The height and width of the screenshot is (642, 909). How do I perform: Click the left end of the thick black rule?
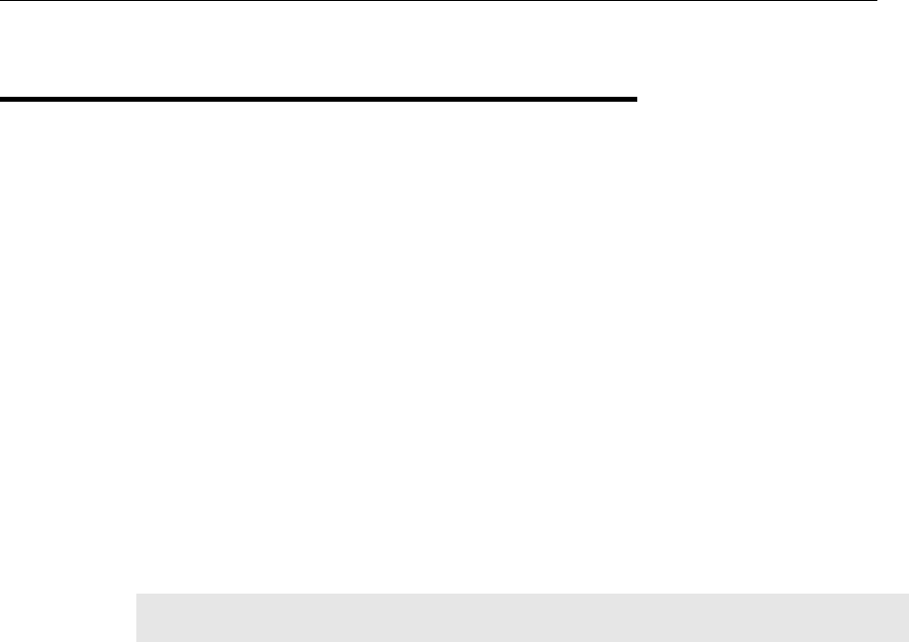(2, 100)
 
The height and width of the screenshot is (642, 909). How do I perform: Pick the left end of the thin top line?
(1, 2)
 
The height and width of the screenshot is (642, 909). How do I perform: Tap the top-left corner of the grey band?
(136, 595)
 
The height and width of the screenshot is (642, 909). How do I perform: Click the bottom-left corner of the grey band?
(136, 640)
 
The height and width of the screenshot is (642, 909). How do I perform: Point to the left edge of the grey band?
(136, 617)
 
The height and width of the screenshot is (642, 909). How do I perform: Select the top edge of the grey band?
(522, 595)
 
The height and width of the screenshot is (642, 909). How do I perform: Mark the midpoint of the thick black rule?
(319, 100)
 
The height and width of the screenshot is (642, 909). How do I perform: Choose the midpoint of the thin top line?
(439, 2)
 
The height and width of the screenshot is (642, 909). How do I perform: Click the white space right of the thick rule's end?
(771, 100)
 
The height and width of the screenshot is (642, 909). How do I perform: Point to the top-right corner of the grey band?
(907, 595)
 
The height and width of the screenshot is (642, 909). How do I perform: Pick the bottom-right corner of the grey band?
(907, 640)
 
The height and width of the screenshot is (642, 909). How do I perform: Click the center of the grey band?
(522, 617)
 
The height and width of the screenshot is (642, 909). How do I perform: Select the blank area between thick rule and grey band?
(395, 346)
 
